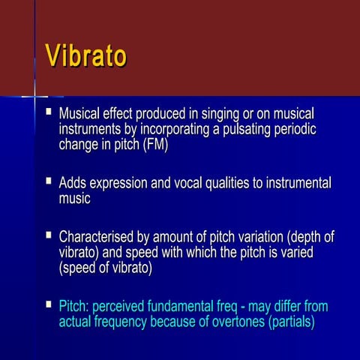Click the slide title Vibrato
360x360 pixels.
coord(85,57)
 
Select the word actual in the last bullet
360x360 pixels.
coord(76,323)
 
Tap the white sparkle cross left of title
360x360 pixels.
coord(35,96)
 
